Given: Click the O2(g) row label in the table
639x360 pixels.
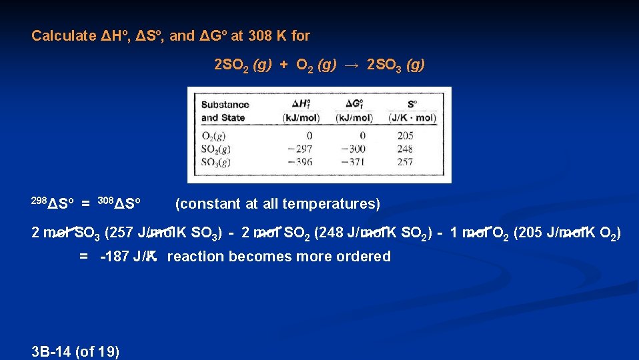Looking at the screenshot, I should coord(214,136).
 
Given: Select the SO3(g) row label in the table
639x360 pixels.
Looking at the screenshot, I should coord(217,161).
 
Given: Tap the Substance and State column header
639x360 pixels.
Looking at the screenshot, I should coord(225,111).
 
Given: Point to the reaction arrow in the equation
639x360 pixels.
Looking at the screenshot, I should coord(352,65).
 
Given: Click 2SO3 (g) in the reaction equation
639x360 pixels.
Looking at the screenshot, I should coord(396,65).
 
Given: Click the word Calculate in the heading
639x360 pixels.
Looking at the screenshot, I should coord(64,35).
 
